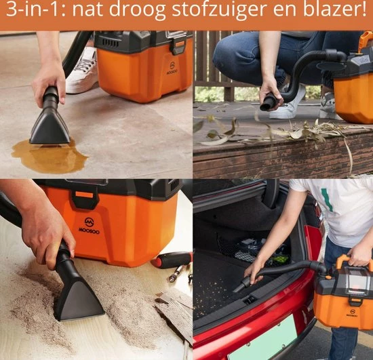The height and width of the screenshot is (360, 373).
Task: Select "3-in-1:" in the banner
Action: click(x=36, y=9)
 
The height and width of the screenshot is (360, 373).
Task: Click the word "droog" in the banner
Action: click(x=137, y=11)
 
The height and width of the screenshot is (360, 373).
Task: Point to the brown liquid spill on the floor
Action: click(x=50, y=156)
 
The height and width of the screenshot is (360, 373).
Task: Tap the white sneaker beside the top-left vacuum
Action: click(x=82, y=71)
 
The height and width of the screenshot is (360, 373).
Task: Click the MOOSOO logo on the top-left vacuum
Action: click(x=172, y=68)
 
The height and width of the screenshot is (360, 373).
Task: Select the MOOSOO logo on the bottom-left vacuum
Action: click(x=89, y=226)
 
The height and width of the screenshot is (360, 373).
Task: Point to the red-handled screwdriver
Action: click(x=172, y=260)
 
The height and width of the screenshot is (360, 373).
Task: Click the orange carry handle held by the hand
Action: click(x=355, y=262)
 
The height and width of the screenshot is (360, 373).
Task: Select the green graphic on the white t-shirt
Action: click(x=327, y=199)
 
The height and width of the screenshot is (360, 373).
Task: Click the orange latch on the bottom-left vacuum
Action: click(x=84, y=195)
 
